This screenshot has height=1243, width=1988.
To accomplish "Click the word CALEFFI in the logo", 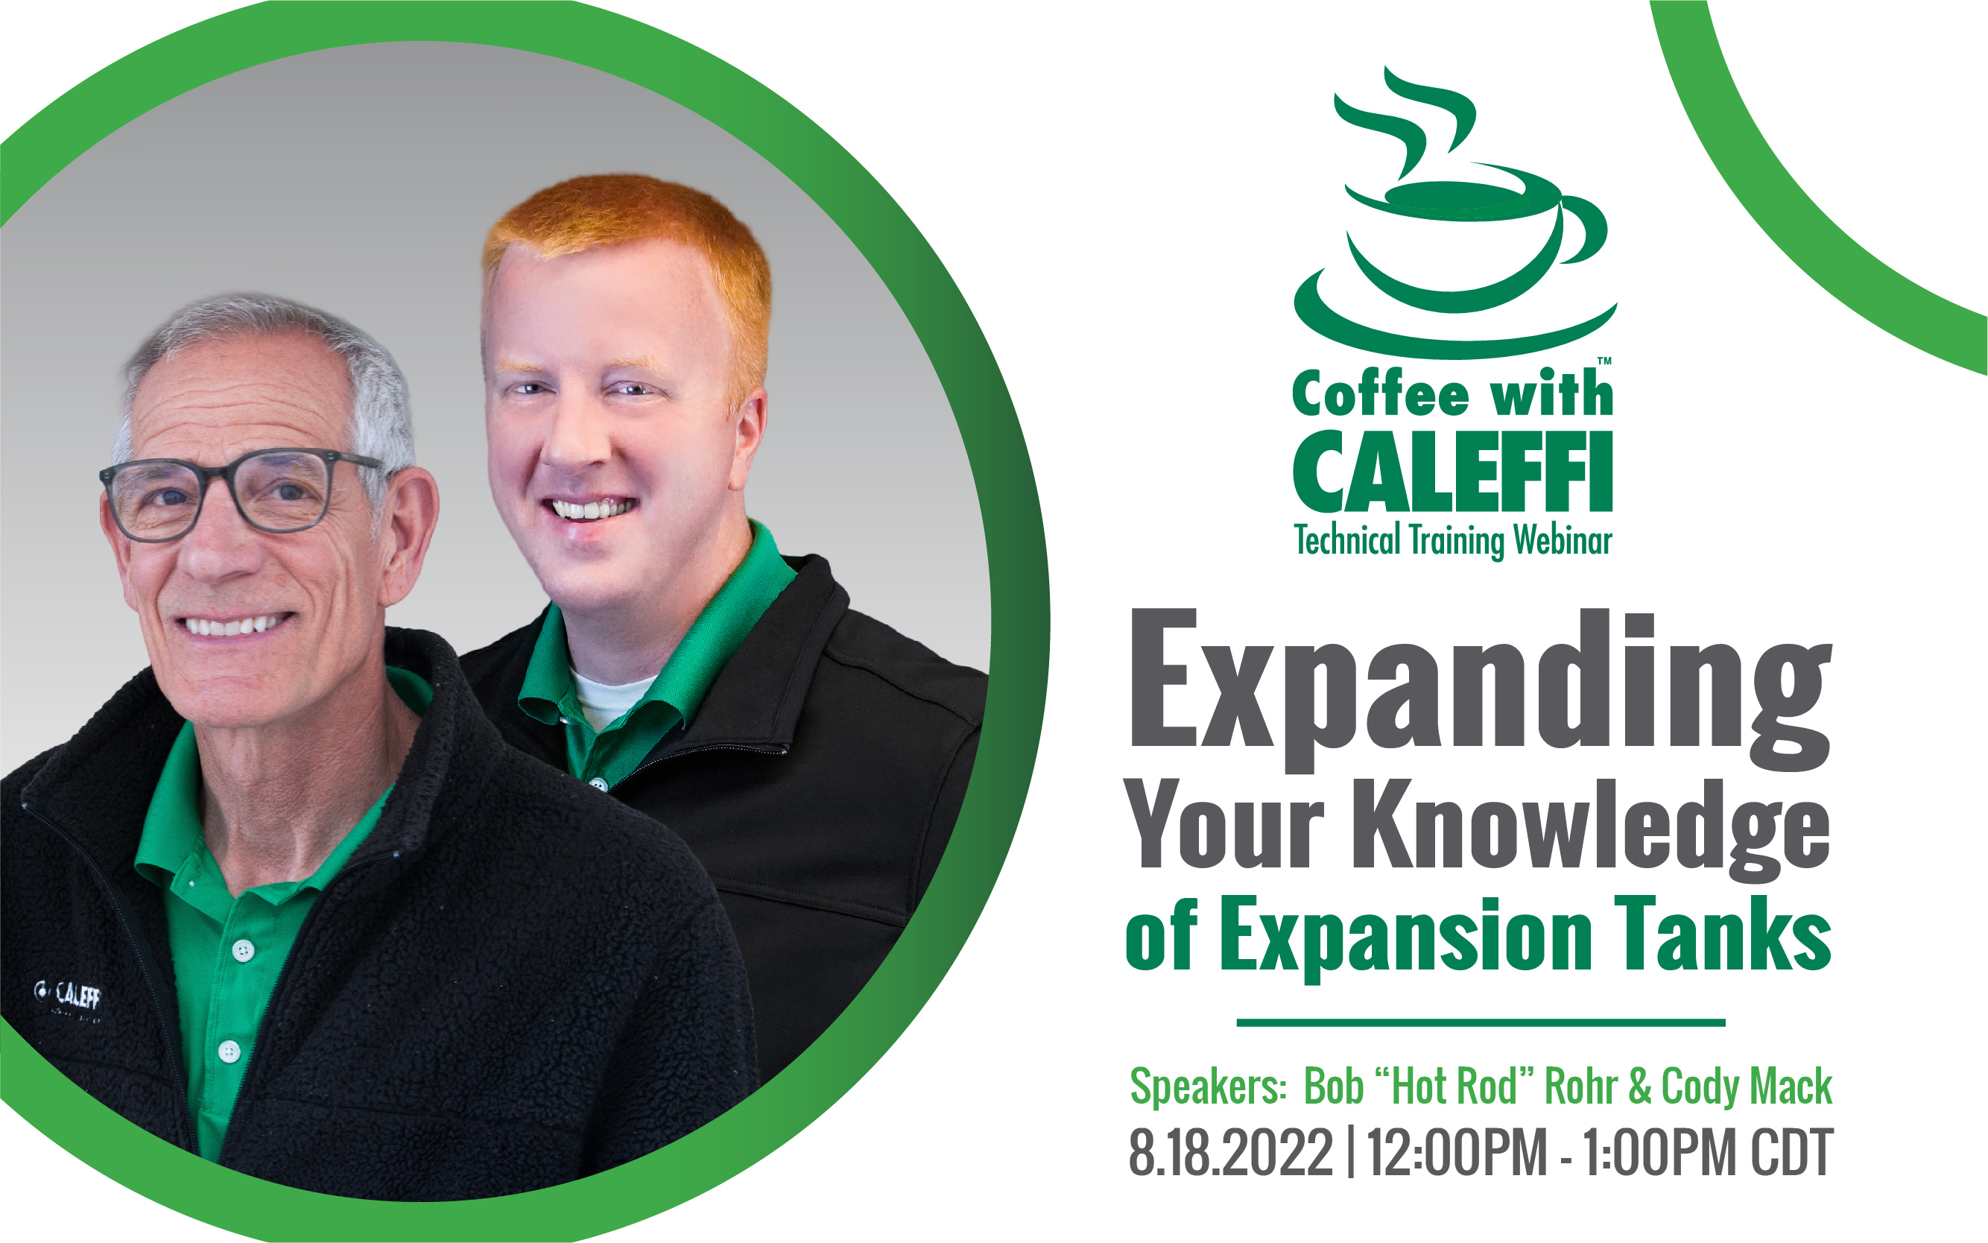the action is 1453,472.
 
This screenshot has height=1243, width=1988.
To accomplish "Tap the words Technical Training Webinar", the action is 1453,541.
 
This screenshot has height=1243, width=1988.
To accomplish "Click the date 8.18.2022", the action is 1230,1153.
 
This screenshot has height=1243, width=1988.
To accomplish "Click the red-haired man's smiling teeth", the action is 592,508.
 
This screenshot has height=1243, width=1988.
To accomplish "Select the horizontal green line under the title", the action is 1481,1022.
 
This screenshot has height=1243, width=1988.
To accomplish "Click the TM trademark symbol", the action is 1604,361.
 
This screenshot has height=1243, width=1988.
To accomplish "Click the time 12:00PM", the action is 1457,1153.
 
